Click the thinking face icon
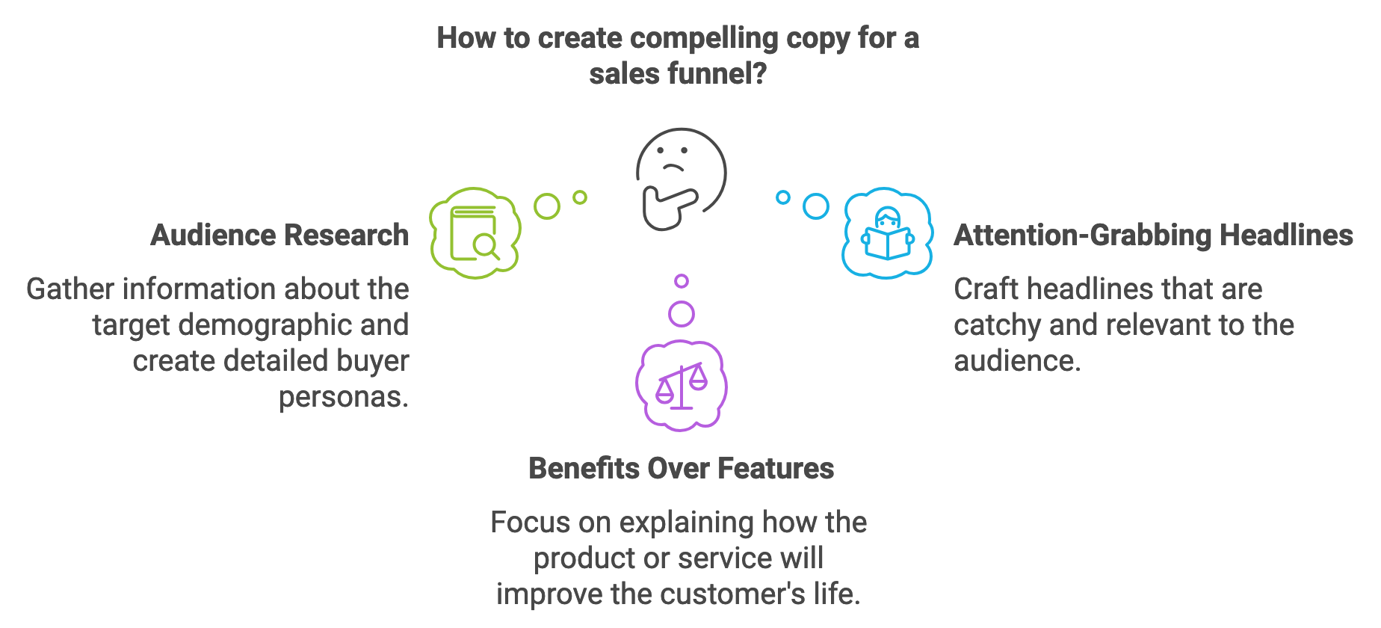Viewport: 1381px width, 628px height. click(681, 179)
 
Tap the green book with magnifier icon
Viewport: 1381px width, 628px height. click(475, 233)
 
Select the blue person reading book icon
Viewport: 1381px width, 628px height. click(888, 233)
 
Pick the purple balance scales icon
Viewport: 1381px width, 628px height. click(682, 386)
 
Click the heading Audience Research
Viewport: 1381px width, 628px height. click(279, 235)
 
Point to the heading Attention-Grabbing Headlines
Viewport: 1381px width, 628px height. click(1153, 235)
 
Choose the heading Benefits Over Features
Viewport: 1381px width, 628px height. click(681, 468)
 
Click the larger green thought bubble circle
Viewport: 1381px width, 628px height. click(547, 206)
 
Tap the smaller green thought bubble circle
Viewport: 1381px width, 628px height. click(580, 197)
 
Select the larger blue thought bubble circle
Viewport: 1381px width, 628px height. click(816, 206)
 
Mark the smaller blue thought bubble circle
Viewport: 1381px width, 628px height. click(783, 197)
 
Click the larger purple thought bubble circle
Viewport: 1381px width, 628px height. click(682, 314)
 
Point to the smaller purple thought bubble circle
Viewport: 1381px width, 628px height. click(682, 281)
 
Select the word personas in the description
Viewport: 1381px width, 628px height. click(344, 397)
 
